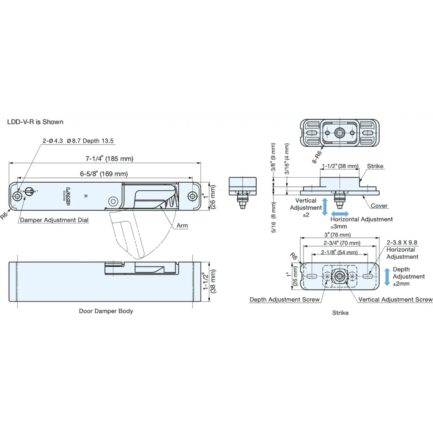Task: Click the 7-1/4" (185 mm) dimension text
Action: coord(110,159)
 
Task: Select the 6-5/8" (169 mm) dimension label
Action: coord(104,174)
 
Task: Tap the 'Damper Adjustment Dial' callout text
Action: coord(54,220)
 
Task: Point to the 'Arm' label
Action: coord(182,226)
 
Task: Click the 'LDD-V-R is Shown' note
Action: coord(35,122)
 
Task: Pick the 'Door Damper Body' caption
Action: coord(106,311)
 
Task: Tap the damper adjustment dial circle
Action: coord(29,191)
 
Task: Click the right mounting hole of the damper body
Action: coord(192,196)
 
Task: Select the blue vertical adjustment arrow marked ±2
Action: coord(325,206)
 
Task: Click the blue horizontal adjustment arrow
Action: coord(340,214)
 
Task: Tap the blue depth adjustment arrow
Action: coord(387,277)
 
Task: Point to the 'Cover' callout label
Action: coord(379,206)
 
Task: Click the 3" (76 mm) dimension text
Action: coord(337,235)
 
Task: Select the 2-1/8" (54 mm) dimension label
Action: coord(339,252)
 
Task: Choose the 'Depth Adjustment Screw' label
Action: coord(285,300)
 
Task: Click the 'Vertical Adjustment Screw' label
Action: coord(395,300)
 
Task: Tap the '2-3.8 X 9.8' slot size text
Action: coord(402,242)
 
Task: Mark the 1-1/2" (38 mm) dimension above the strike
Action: coord(340,166)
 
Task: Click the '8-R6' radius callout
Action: coord(317,157)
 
